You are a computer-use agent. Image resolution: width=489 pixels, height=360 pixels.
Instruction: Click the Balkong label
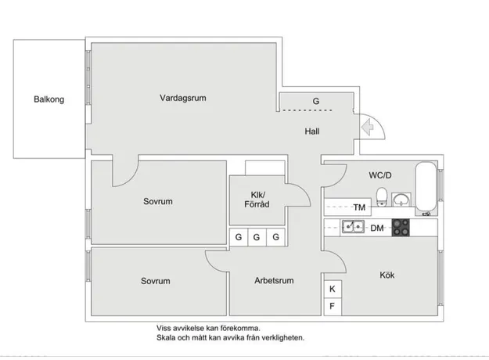49,99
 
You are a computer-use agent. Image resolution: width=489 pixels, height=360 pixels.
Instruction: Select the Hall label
311,131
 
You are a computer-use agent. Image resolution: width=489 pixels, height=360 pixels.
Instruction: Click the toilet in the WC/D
382,196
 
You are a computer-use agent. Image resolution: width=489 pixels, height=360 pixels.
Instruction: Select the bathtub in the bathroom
426,188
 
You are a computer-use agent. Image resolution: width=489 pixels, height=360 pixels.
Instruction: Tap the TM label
359,207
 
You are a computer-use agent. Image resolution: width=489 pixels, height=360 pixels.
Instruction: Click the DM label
376,228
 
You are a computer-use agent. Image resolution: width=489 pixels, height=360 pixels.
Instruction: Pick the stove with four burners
401,227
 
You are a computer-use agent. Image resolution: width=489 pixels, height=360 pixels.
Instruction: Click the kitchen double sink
352,227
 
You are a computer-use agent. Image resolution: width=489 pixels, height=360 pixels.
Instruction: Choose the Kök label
387,275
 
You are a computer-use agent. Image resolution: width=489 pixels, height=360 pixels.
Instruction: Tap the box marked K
332,289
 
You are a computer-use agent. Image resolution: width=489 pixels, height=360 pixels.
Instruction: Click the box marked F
332,306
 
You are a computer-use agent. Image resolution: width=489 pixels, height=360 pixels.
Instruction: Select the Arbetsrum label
274,280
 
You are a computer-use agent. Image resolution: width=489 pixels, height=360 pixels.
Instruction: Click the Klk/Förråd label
259,200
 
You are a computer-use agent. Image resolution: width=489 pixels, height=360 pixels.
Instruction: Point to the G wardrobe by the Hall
316,102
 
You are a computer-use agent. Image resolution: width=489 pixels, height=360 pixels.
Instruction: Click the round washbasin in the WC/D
401,199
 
